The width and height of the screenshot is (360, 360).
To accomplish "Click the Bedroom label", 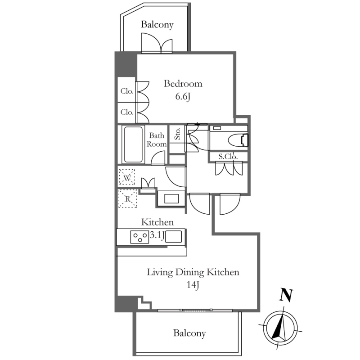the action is [183, 84].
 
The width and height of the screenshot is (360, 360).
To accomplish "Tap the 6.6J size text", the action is [183, 96].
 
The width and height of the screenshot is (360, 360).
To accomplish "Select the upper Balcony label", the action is [157, 25].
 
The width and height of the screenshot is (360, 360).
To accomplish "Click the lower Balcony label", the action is [189, 333].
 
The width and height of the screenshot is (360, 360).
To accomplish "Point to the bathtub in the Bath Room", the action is [133, 144].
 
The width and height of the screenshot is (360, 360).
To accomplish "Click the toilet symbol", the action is [238, 140].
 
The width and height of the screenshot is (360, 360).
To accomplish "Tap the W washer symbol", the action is [127, 177].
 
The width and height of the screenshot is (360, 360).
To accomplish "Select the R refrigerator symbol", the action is [128, 198].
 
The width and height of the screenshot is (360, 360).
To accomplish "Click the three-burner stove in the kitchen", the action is [139, 237].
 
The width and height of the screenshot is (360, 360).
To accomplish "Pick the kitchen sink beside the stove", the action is [174, 237].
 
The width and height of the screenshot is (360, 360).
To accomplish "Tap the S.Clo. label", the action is [228, 157].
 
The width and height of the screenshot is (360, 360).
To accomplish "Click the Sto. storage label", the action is [177, 134].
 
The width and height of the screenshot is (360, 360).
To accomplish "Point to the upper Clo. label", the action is [127, 91].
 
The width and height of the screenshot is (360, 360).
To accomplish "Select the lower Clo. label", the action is [127, 112].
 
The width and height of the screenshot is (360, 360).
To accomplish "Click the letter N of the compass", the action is [286, 295].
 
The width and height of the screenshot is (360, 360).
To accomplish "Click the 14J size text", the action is [193, 285].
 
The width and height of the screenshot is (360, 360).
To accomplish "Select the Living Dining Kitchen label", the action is [193, 272].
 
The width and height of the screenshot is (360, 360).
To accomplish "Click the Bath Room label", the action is [157, 139].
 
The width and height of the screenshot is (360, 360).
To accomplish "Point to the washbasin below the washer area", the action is [171, 198].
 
